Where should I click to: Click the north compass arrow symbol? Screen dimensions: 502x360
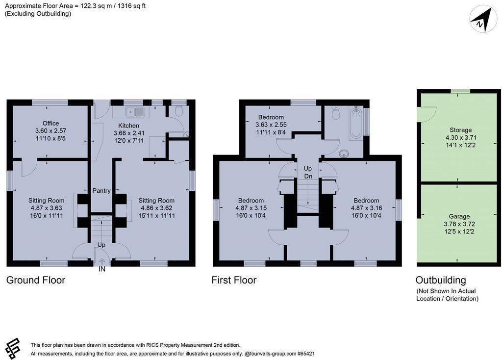[x=480, y=20]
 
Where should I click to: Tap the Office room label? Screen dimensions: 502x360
[x=50, y=123]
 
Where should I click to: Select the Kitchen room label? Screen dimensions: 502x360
[x=129, y=126]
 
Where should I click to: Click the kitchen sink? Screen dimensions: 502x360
[x=135, y=112]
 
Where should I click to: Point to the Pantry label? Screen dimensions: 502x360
[x=101, y=191]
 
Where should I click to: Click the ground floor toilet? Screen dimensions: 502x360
[x=179, y=111]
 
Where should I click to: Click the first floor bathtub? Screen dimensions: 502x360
[x=356, y=123]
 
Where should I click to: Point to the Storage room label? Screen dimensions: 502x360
[x=460, y=130]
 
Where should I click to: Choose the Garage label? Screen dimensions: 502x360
[x=459, y=216]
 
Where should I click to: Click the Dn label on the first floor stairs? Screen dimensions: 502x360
[x=308, y=177]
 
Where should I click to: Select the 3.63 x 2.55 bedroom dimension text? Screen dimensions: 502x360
[x=271, y=125]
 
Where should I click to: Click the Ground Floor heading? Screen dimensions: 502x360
[x=36, y=280]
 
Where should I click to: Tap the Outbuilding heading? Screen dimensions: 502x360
[x=441, y=280]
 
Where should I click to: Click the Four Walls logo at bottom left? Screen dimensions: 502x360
[x=13, y=349]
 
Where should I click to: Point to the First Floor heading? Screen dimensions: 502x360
[x=234, y=280]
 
